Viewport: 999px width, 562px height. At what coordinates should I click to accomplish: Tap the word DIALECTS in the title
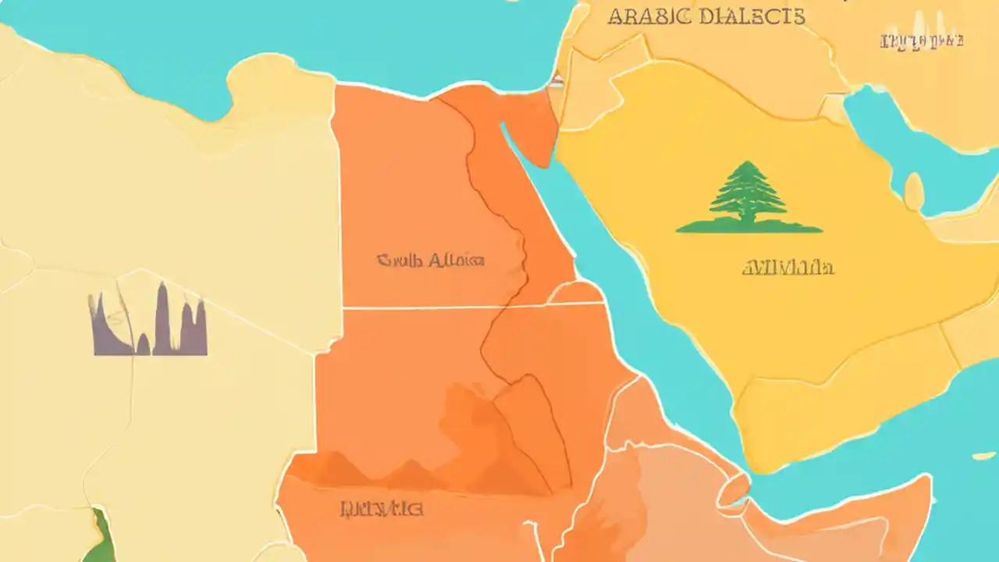coord(752,16)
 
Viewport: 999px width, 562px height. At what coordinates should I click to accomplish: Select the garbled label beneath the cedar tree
coord(787,269)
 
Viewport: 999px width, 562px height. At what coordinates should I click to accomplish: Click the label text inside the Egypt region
coord(430,260)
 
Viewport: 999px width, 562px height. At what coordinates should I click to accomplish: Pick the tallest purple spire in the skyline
coord(162,316)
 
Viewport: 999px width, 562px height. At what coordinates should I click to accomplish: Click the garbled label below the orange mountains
coord(382,509)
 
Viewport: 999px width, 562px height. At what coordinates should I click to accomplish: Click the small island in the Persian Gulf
coord(913,190)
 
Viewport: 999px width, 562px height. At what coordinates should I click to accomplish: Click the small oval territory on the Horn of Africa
coord(733,489)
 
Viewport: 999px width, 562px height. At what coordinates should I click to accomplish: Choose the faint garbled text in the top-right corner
coord(922,41)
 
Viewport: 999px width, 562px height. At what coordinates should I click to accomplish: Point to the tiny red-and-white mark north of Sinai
coord(556,80)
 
